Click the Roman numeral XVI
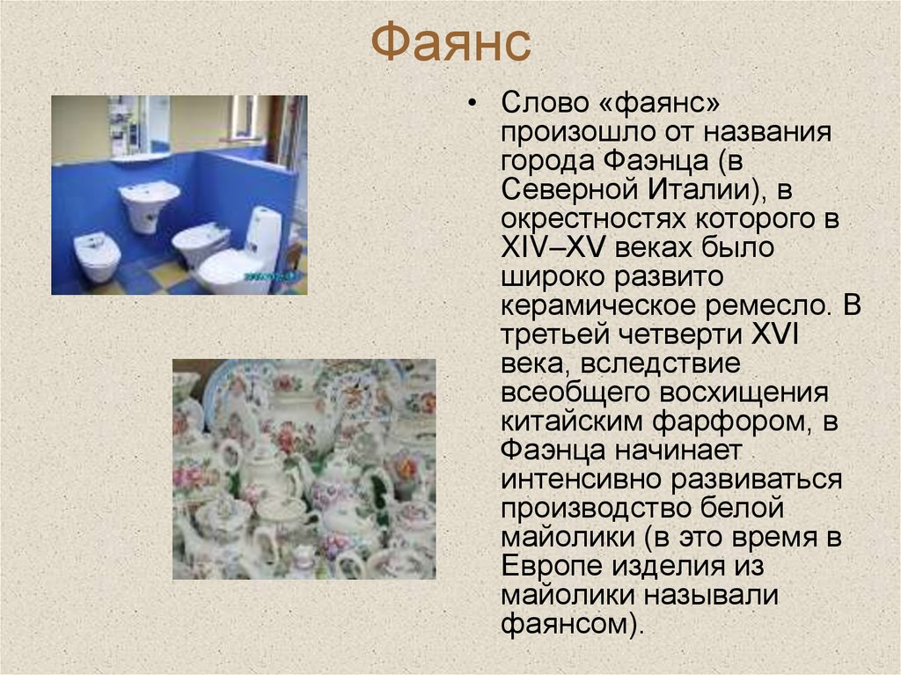(772, 334)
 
